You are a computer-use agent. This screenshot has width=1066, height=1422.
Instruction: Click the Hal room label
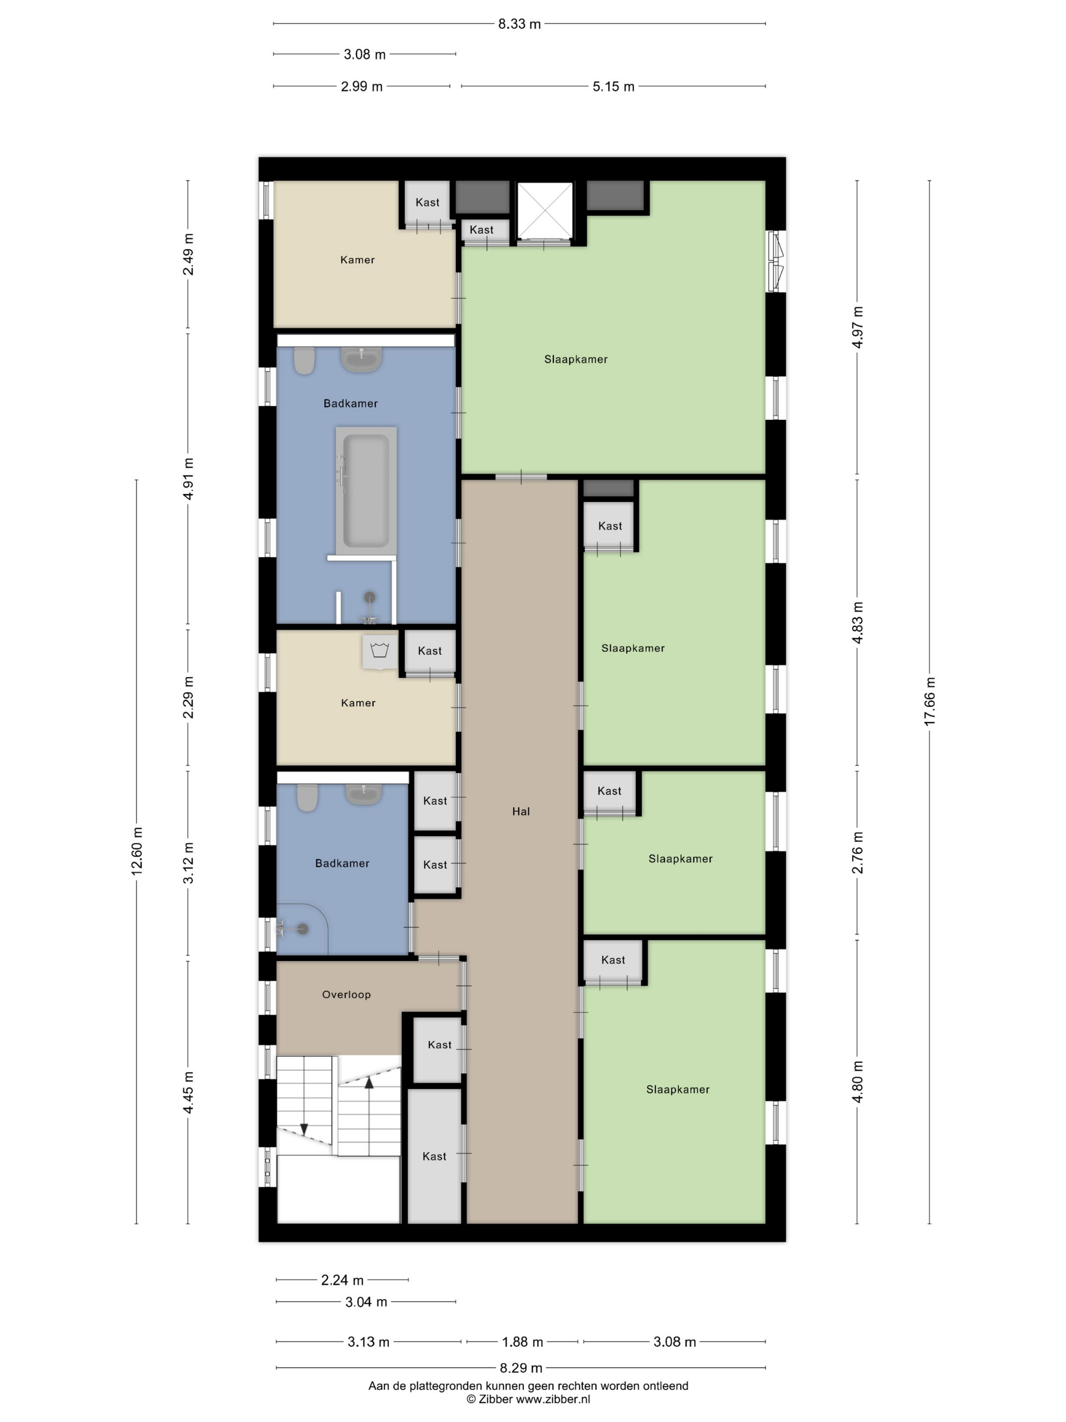point(520,811)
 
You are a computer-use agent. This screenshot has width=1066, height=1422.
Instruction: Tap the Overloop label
point(346,994)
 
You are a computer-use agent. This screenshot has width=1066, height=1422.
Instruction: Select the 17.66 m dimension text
point(930,702)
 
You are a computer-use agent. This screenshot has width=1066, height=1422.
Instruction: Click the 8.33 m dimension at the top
point(519,24)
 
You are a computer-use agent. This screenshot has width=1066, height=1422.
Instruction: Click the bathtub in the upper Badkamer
point(365,491)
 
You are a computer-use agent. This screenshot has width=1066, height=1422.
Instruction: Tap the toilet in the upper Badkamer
point(304,361)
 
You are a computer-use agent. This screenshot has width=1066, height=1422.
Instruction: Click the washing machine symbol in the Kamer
point(380,651)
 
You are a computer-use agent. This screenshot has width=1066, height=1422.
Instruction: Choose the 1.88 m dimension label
point(522,1342)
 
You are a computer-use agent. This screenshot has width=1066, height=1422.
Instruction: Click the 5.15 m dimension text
point(613,86)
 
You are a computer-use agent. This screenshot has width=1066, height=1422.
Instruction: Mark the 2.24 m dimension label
point(343,1279)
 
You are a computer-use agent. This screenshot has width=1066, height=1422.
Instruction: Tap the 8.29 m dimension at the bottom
point(521,1368)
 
